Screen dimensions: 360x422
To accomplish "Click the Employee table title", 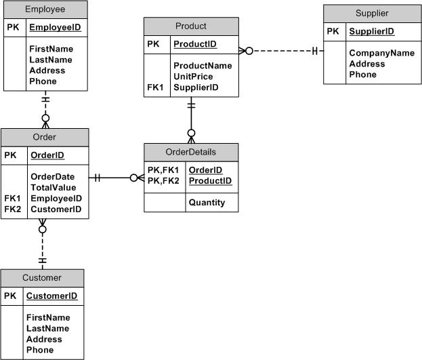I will [x=45, y=9].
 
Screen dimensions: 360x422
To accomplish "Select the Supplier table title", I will [x=371, y=14].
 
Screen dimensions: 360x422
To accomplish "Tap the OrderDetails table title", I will [x=191, y=151].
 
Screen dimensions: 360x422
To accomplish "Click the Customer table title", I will [x=42, y=277].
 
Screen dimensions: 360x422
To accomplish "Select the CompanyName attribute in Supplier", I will [x=382, y=53].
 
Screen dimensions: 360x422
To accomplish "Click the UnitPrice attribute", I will [x=193, y=77].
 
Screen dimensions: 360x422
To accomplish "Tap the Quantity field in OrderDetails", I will [x=207, y=202].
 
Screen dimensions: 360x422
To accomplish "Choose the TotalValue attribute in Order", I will [x=54, y=187].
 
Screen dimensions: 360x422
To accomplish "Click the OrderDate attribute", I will [x=52, y=176].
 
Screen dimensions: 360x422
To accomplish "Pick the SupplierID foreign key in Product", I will [x=196, y=87].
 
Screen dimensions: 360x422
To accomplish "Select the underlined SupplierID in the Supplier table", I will [x=372, y=32].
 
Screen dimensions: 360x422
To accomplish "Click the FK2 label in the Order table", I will [x=13, y=209].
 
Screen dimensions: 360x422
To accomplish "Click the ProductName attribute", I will [x=203, y=66].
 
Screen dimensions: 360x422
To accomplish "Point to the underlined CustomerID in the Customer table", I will [x=51, y=296].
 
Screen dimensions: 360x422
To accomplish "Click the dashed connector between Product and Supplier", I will [x=284, y=51].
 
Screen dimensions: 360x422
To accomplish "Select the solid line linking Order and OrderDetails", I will [x=116, y=178].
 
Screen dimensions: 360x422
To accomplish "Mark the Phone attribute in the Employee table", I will [x=43, y=81].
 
